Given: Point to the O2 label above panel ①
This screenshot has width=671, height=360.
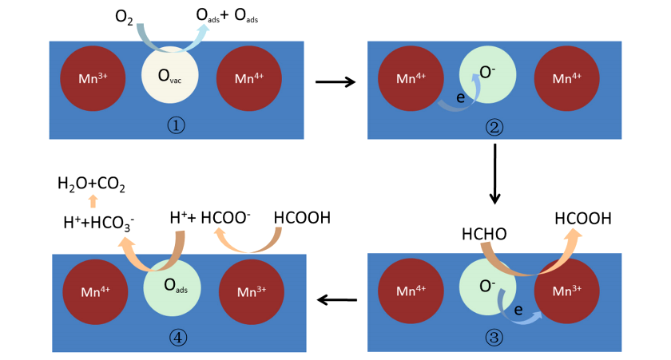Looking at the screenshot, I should pos(124,17).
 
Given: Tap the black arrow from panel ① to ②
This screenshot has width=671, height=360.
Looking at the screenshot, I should pos(335,81).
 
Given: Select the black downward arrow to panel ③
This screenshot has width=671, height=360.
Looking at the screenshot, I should pos(495,173).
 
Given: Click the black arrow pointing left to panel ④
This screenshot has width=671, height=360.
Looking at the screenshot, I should pos(336,300).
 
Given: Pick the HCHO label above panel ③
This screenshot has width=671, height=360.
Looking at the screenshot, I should pos(484,234).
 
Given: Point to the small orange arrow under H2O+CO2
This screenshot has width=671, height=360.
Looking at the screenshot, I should pos(93,201).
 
